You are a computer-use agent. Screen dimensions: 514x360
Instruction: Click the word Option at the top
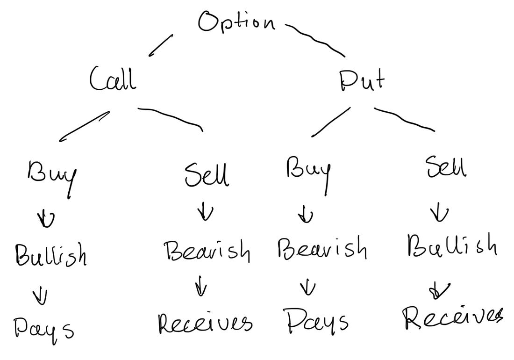236,22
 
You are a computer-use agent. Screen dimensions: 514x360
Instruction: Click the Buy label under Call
51,175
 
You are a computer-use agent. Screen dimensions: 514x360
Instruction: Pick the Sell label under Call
207,175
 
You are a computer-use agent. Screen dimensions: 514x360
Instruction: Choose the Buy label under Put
308,171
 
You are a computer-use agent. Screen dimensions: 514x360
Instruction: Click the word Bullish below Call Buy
50,255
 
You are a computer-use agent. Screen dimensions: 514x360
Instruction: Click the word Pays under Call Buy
43,327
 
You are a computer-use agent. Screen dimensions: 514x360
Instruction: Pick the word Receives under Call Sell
205,322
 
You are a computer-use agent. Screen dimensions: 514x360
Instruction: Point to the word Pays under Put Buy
317,321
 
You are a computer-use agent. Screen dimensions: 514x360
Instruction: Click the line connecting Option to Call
161,45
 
